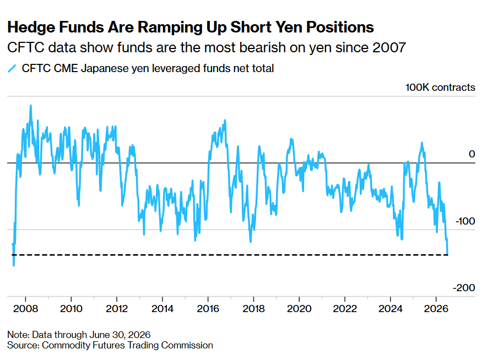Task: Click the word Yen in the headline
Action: point(289,27)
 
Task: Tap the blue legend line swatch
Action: point(12,68)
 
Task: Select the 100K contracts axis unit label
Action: point(440,88)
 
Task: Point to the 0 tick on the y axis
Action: point(472,154)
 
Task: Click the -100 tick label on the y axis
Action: point(465,221)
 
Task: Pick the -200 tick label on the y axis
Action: point(464,288)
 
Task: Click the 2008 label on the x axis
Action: point(26,308)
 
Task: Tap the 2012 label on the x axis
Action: point(117,308)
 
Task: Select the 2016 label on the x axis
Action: point(208,308)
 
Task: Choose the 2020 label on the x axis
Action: point(299,308)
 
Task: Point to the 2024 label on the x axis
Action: point(390,308)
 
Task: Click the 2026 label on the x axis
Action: point(436,308)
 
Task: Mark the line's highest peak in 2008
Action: point(31,106)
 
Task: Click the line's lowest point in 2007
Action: point(14,266)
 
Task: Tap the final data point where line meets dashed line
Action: point(447,255)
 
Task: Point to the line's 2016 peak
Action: point(225,121)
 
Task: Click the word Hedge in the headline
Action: point(31,28)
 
